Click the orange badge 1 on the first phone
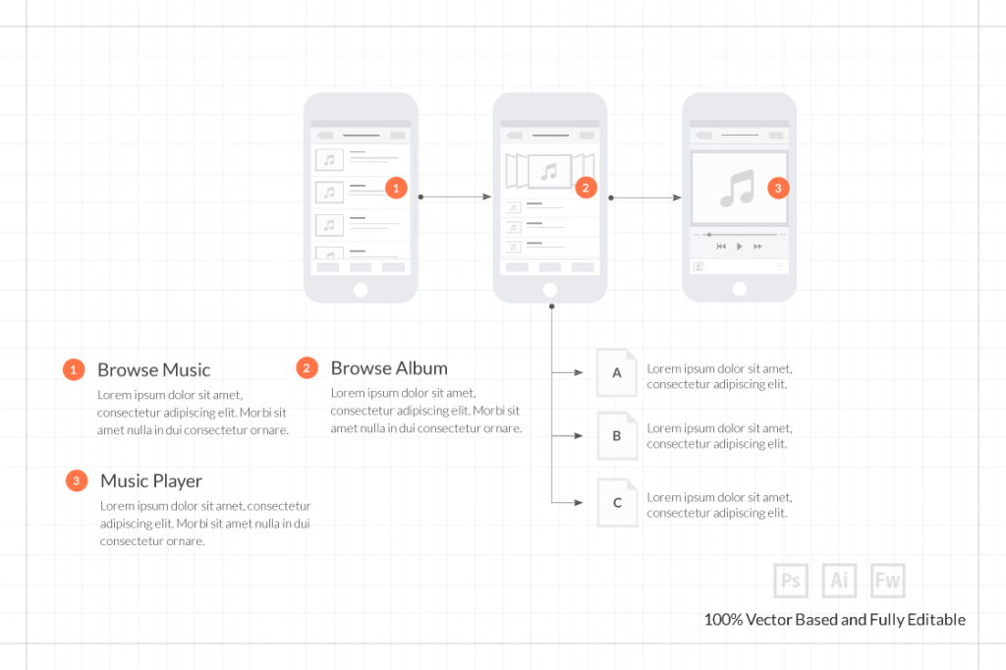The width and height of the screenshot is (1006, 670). (x=396, y=188)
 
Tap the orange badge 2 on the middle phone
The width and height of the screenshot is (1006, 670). (x=586, y=187)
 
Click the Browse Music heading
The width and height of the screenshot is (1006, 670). (x=153, y=370)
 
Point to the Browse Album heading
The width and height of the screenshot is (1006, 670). (x=389, y=368)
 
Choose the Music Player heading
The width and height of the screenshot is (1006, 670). (x=151, y=481)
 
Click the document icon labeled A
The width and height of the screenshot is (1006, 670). (x=617, y=372)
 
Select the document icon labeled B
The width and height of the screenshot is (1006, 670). (x=617, y=436)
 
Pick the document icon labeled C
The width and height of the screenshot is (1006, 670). (x=617, y=503)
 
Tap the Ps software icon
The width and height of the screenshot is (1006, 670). (x=791, y=581)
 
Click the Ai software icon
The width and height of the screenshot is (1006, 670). (x=839, y=581)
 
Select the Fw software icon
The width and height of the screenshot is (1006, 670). (x=887, y=581)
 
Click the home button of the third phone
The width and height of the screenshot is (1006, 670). (x=739, y=289)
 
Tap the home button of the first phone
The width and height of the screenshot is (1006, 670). (x=361, y=289)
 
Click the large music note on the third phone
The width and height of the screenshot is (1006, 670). (x=738, y=188)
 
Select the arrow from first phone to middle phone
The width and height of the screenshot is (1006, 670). (x=456, y=197)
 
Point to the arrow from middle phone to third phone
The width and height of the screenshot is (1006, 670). (x=645, y=197)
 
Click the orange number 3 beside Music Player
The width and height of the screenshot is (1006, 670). (x=77, y=481)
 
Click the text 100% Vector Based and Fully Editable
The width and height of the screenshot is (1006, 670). (x=834, y=620)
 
